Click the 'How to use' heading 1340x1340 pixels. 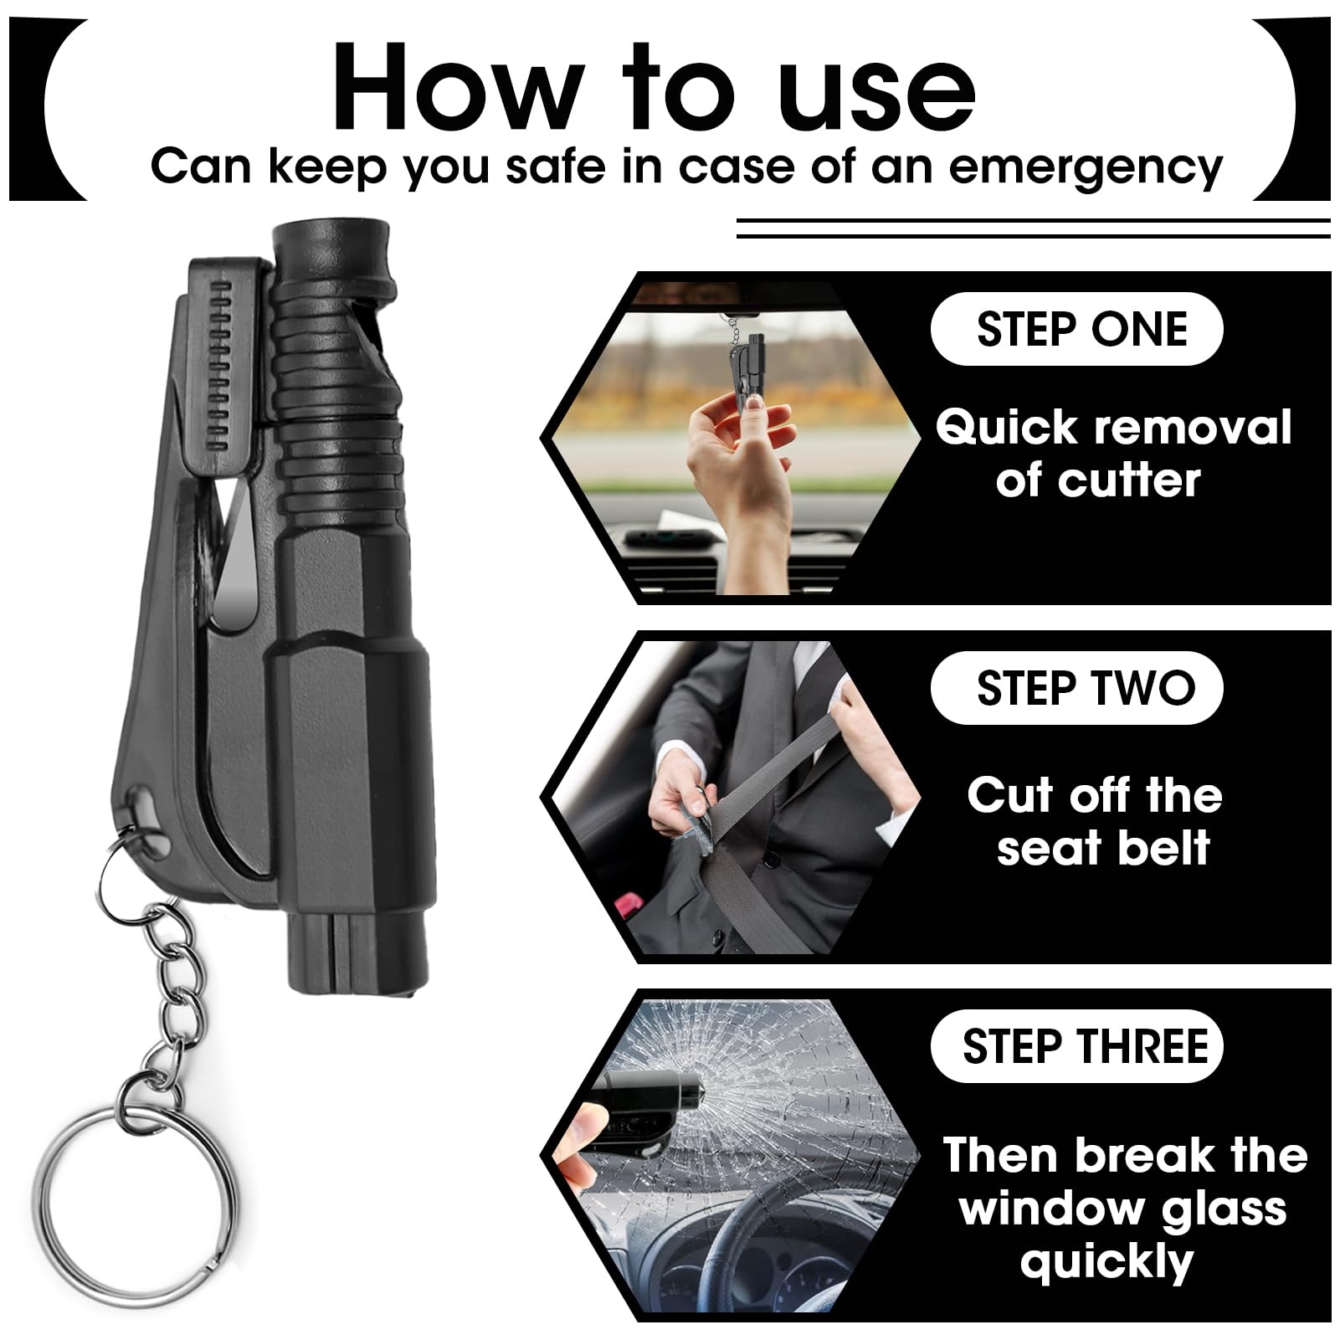655,88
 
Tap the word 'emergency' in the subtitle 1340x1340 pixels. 1086,167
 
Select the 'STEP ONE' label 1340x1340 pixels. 1081,328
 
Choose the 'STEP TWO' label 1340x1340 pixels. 1086,688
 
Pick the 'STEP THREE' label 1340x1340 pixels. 1086,1046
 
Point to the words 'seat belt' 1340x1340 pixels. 1103,848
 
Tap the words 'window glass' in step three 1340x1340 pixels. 1123,1208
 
